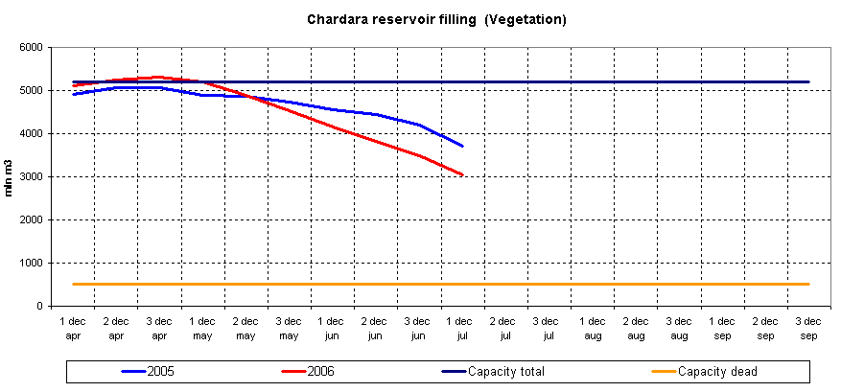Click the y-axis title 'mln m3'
click(x=9, y=178)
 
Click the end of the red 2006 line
click(x=463, y=175)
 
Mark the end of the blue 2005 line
click(x=463, y=147)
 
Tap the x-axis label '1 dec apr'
click(x=74, y=328)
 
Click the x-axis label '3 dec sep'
click(x=808, y=328)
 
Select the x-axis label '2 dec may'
click(x=246, y=328)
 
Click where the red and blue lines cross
click(x=250, y=97)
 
